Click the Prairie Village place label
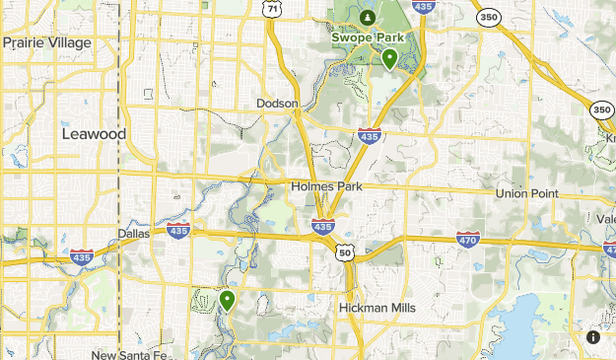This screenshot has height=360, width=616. coord(46,42)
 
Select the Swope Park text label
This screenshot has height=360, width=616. coord(368,38)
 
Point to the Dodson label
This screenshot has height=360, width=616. coord(277,103)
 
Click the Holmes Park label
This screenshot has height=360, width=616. coord(327,186)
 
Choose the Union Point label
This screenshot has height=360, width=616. coord(526,193)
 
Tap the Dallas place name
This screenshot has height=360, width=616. coord(133,234)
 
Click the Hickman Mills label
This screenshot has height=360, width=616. coord(376,309)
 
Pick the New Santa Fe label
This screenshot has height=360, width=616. coord(131,355)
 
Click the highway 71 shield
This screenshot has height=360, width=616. coord(271,7)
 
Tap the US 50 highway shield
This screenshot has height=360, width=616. coord(345,253)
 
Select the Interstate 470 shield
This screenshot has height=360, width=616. coord(468,238)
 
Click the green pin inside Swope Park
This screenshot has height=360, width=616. coord(390,59)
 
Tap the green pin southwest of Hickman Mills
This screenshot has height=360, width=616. coord(227,299)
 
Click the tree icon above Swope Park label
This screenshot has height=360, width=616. coord(367,17)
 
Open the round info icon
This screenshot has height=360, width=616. coord(593,337)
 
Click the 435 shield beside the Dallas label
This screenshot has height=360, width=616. coord(178,231)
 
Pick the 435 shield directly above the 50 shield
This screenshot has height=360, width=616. coord(322,226)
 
